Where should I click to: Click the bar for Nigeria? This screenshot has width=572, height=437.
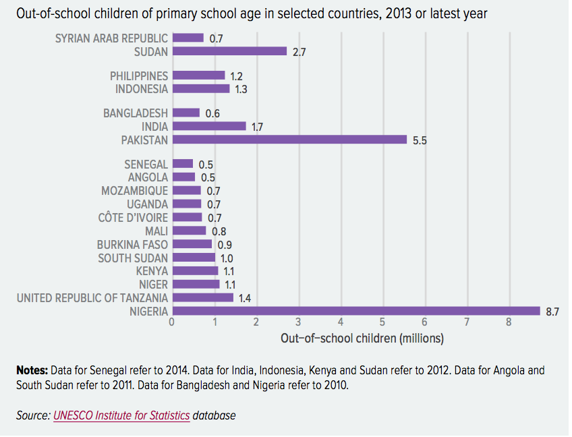click(x=356, y=311)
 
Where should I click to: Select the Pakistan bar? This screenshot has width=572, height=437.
click(x=289, y=140)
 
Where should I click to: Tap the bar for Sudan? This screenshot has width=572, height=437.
click(x=229, y=51)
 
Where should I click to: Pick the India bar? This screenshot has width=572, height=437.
click(x=209, y=126)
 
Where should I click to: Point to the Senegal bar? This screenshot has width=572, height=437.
click(x=183, y=164)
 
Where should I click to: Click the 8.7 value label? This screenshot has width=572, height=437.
click(x=552, y=311)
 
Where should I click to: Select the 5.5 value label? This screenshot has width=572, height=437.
click(x=420, y=140)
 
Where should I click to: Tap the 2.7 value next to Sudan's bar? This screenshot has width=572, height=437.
click(x=299, y=52)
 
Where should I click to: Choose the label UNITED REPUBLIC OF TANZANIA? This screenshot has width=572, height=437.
click(x=92, y=297)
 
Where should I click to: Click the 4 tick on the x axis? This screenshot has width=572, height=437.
click(x=341, y=322)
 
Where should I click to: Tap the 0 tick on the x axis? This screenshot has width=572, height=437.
click(x=172, y=322)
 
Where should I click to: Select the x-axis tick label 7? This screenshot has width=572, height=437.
click(x=467, y=322)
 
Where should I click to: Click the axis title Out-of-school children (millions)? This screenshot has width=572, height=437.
click(x=362, y=337)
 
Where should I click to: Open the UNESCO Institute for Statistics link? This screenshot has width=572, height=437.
click(x=121, y=416)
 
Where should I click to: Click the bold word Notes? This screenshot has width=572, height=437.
click(x=32, y=370)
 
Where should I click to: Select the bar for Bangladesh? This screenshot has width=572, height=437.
click(x=186, y=113)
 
